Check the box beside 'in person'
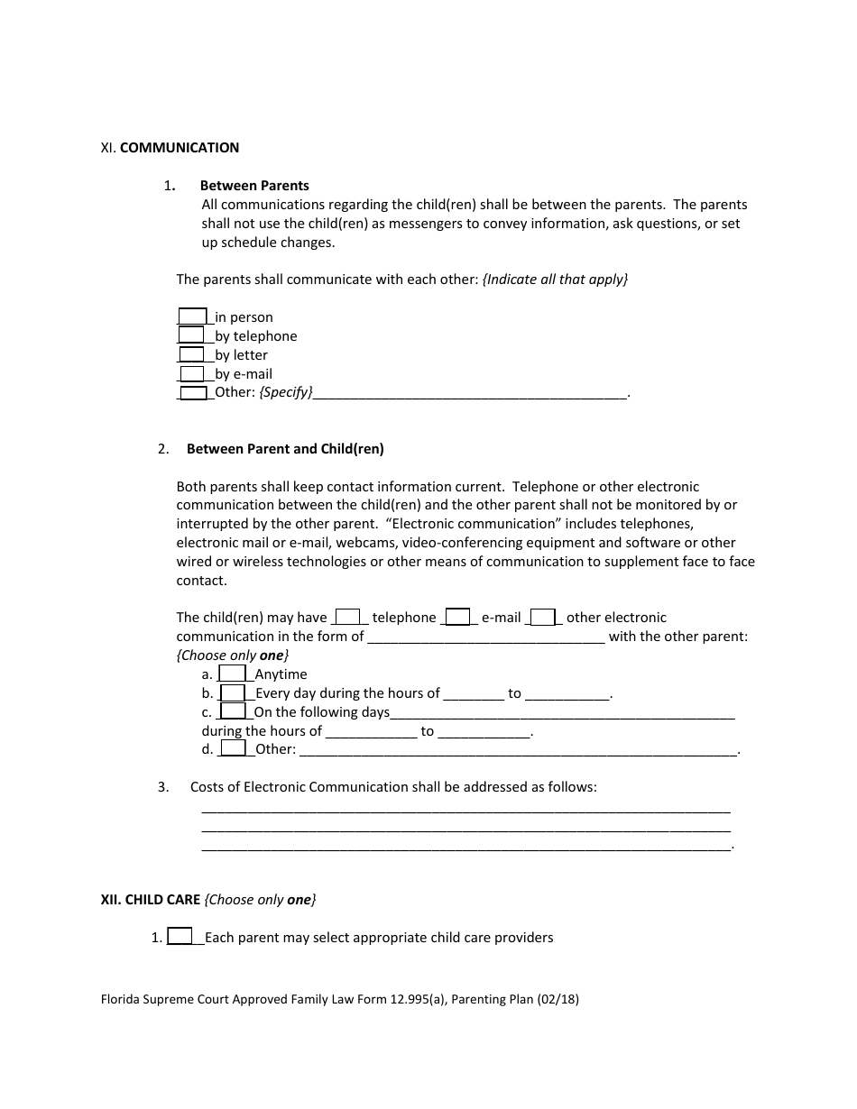192,316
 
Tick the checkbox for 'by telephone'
192,335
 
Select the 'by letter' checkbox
192,354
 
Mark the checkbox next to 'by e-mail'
192,373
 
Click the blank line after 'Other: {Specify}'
469,394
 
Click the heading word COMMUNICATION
180,147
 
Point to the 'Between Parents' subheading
254,185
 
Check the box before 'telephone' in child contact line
348,617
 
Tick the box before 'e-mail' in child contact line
457,617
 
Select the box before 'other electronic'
542,617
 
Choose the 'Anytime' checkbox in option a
233,674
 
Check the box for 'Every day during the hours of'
233,692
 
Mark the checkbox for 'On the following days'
233,711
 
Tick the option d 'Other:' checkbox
233,748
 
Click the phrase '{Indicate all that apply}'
555,279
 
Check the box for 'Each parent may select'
180,937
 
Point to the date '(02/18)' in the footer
556,999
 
